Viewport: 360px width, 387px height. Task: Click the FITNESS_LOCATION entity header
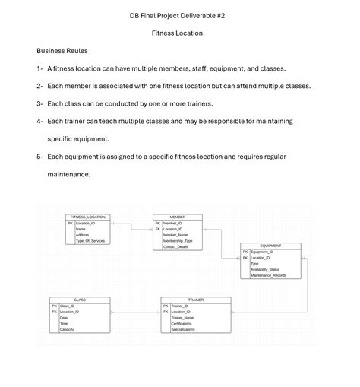pos(88,217)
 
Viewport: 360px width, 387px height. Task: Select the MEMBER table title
pos(178,217)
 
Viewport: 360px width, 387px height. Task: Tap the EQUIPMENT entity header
pos(270,246)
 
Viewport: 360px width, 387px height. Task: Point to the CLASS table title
pos(80,300)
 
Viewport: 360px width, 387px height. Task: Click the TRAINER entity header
pos(195,300)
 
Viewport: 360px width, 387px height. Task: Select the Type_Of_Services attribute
pos(90,241)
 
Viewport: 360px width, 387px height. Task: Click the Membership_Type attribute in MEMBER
pos(178,241)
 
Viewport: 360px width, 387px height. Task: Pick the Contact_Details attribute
pos(177,247)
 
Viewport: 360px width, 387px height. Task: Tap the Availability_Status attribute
pos(265,269)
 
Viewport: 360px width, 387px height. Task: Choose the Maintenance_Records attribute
pos(267,275)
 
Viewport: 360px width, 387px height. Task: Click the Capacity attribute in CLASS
pos(67,329)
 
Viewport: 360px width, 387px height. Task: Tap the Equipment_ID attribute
pos(262,252)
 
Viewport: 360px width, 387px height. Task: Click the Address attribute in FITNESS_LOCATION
pos(82,235)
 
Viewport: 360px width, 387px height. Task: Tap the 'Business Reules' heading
pos(62,51)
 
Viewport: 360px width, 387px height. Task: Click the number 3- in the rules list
pos(39,103)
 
